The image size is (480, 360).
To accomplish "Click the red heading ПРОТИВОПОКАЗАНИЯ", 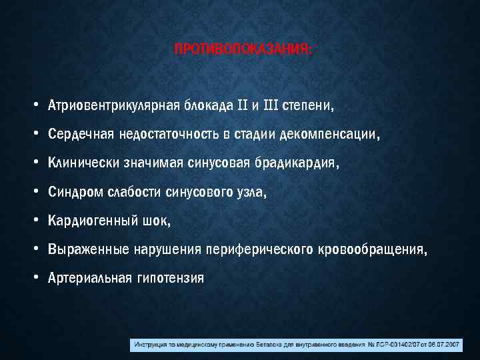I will point(242,51).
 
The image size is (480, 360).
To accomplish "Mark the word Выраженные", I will point(85,249).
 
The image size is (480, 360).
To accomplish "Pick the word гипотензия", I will point(170,278).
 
